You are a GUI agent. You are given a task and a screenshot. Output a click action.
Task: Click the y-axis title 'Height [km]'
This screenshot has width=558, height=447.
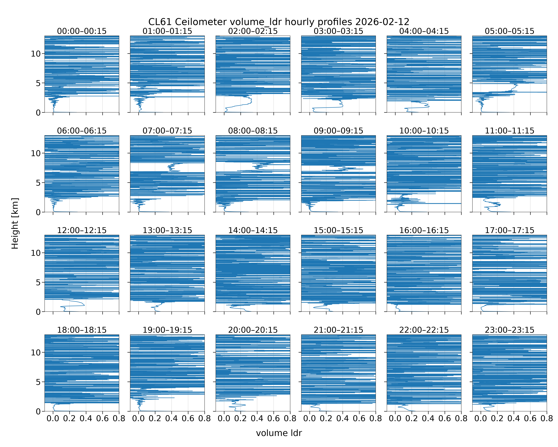[x=15, y=223]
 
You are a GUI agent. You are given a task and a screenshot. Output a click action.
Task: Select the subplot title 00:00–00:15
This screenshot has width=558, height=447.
[x=82, y=31]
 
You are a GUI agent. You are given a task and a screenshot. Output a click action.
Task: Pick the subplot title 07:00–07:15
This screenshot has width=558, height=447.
[x=167, y=131]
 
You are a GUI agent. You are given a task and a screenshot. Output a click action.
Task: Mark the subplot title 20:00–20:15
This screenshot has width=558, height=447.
[x=253, y=330]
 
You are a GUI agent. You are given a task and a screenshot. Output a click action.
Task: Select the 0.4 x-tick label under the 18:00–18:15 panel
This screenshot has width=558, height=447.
[x=86, y=419]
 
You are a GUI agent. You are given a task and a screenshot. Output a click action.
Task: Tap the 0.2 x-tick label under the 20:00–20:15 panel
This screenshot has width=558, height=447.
[x=240, y=419]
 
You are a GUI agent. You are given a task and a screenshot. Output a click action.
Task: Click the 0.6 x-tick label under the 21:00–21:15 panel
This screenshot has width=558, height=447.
[x=359, y=419]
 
